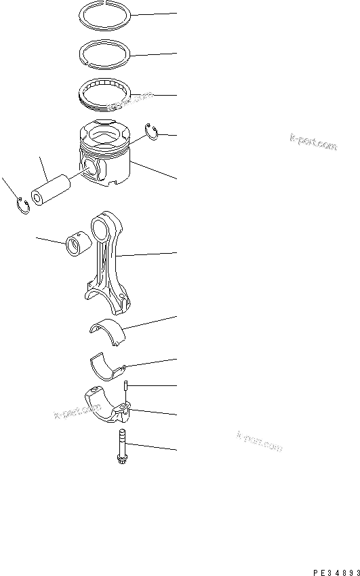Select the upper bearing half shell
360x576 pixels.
click(108, 328)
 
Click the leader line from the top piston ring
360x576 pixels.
click(156, 14)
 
